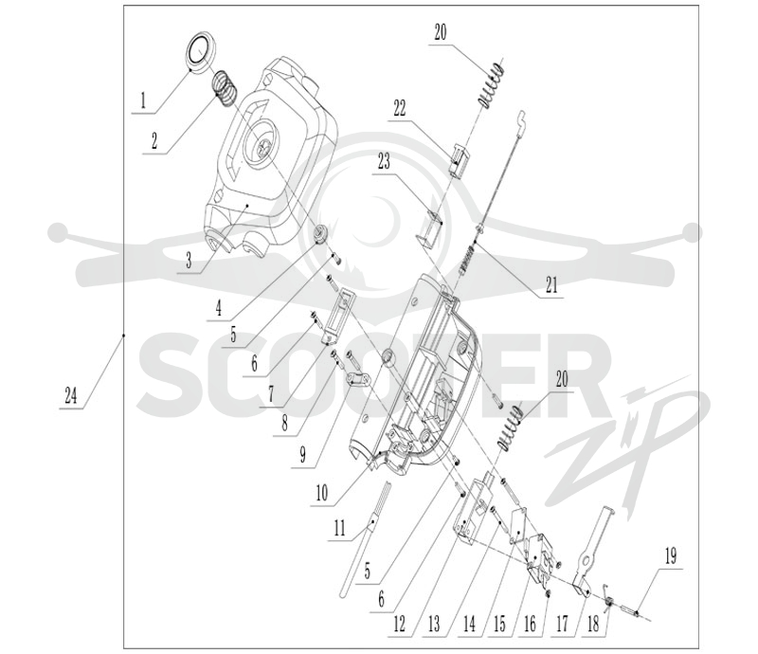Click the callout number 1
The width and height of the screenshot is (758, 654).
(143, 100)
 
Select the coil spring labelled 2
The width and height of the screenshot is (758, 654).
(225, 89)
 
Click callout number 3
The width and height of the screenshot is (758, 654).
(189, 261)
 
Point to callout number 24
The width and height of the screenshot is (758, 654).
(71, 396)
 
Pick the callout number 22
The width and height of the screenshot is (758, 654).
(400, 108)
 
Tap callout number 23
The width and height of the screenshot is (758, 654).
(384, 162)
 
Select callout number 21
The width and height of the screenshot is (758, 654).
(551, 284)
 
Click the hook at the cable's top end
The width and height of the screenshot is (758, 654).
(522, 118)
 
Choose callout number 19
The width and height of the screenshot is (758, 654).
(671, 556)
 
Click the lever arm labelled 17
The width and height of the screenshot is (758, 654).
(589, 548)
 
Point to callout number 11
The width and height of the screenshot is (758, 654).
(340, 528)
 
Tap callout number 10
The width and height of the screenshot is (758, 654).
(322, 494)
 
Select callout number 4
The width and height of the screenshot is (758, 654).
(219, 308)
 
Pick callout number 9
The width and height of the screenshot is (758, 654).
(303, 455)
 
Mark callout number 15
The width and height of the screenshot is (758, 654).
(500, 624)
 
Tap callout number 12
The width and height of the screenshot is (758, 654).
(399, 624)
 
